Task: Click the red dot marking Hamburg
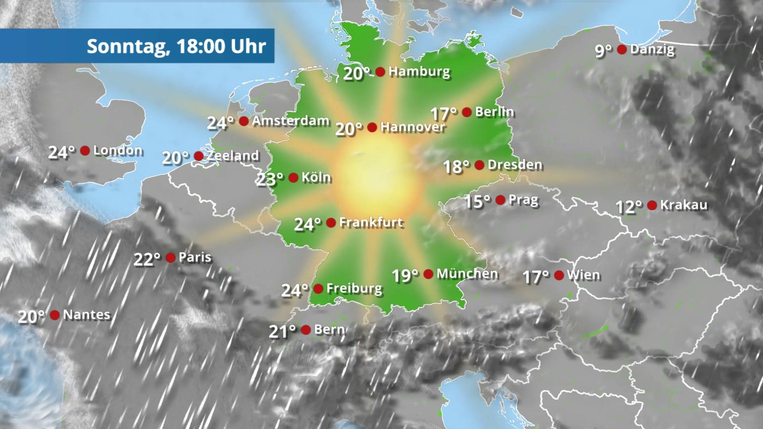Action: pyautogui.click(x=380, y=72)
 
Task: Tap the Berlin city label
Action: pyautogui.click(x=495, y=112)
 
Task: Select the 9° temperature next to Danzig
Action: pyautogui.click(x=603, y=51)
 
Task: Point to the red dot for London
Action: pyautogui.click(x=85, y=151)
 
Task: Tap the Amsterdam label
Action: pyautogui.click(x=290, y=121)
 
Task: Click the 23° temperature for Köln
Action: pyautogui.click(x=270, y=179)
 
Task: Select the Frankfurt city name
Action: pyautogui.click(x=371, y=222)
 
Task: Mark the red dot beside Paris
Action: pyautogui.click(x=170, y=258)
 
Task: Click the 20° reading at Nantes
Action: pyautogui.click(x=31, y=317)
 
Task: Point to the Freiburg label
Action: pyautogui.click(x=354, y=288)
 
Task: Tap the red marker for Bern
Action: pyautogui.click(x=306, y=330)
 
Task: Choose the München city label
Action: pyautogui.click(x=467, y=274)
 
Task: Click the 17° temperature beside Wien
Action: pyautogui.click(x=536, y=276)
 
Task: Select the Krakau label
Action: pyautogui.click(x=684, y=205)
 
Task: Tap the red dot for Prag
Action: pyautogui.click(x=500, y=200)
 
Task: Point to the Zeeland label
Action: pyautogui.click(x=233, y=156)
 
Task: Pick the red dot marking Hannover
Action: pyautogui.click(x=372, y=128)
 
